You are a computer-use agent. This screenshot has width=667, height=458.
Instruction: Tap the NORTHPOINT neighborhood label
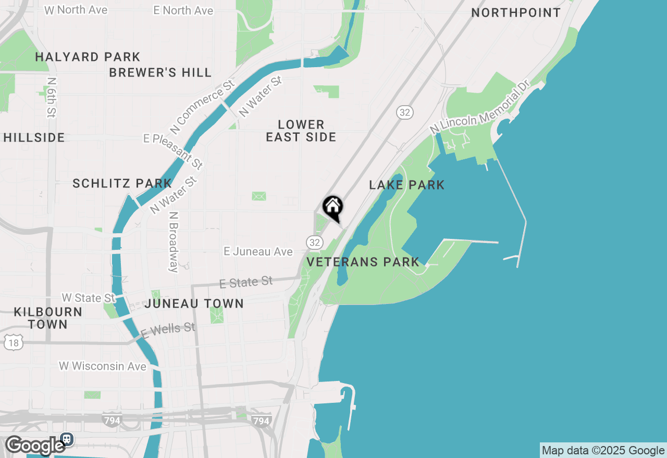pos(516,12)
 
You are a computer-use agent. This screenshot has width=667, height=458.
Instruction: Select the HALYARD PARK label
pos(88,57)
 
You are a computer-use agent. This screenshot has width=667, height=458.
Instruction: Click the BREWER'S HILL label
pos(160,72)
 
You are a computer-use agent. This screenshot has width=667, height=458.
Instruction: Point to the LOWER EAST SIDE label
pos(301,131)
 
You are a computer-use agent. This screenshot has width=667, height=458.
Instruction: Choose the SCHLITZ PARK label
pos(122,183)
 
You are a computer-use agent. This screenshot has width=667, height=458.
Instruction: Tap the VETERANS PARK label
pos(363,262)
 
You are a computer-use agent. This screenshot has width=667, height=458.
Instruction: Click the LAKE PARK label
pos(407,185)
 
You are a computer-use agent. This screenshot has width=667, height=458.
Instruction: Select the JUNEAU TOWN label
pos(194,303)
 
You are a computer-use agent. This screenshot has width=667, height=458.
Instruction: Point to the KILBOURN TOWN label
pos(48,318)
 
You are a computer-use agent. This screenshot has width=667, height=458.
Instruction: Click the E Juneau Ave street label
pos(258,252)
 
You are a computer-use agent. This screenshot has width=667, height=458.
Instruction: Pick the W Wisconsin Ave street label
pos(103,366)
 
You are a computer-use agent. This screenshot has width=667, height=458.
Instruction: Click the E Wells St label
pos(168,330)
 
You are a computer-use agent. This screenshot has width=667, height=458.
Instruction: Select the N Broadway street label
pos(174,241)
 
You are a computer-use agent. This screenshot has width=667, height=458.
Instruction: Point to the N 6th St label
pos(51,97)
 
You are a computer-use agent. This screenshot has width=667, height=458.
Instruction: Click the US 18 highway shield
pos(13,342)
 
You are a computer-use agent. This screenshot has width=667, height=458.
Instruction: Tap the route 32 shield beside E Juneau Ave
pos(314,242)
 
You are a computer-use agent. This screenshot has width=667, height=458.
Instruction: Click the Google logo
pos(35,446)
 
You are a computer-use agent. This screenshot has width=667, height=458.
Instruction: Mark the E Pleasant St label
pos(174,151)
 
